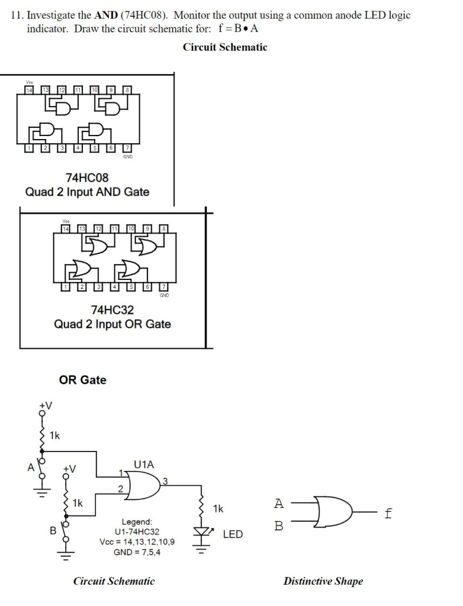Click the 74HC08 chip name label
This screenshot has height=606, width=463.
(x=87, y=177)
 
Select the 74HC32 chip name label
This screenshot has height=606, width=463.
(x=112, y=310)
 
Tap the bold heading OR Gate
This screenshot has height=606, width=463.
(x=82, y=380)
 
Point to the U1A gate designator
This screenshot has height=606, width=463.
(x=144, y=465)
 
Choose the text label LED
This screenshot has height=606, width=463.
(x=232, y=534)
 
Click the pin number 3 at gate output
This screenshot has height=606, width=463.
(x=166, y=482)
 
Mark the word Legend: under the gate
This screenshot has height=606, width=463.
(x=137, y=522)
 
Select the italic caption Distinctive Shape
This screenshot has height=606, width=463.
(x=323, y=581)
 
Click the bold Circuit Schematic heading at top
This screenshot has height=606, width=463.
(x=225, y=47)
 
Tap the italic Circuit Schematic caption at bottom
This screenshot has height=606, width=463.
(x=114, y=581)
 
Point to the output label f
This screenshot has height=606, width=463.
(x=388, y=514)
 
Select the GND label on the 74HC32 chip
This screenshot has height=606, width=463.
(x=164, y=295)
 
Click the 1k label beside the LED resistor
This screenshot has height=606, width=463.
(x=218, y=508)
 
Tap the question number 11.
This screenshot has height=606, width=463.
(x=16, y=15)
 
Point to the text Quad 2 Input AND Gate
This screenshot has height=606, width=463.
(x=87, y=192)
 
